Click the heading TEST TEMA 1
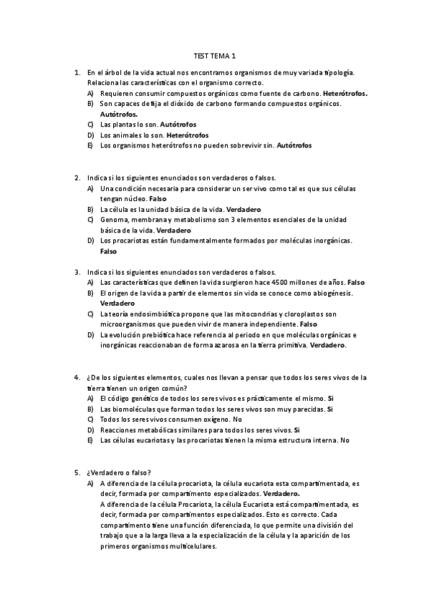tap(214, 55)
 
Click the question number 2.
tap(77, 178)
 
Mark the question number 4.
tap(77, 377)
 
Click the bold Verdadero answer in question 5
tap(281, 494)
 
